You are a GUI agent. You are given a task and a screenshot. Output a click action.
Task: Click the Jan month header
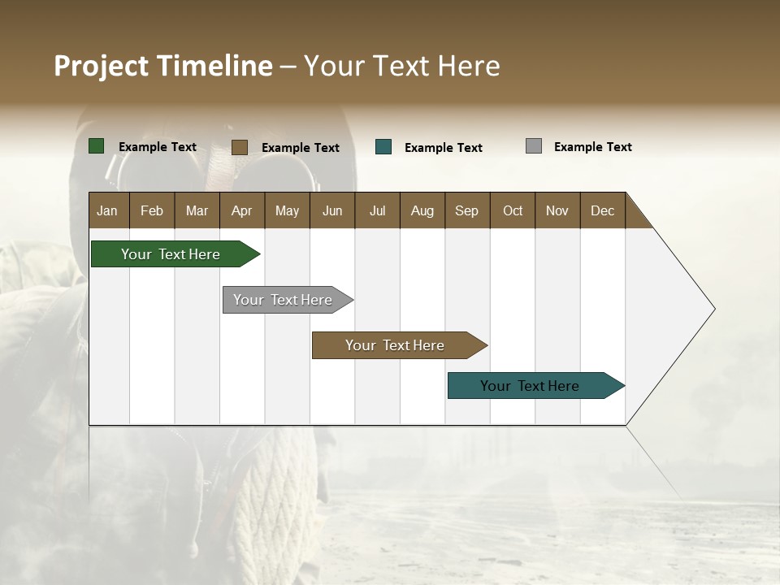[x=107, y=210]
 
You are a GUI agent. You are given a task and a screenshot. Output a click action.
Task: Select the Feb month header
[x=152, y=210]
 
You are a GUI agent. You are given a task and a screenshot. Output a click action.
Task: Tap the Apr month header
[x=241, y=210]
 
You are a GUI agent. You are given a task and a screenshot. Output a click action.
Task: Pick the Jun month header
[x=332, y=210]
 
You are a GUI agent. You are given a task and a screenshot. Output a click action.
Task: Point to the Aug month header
[x=422, y=210]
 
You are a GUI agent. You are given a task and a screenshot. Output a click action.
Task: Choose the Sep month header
[x=466, y=210]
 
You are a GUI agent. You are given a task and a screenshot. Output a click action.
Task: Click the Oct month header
[x=513, y=210]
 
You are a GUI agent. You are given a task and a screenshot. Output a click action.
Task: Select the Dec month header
[x=602, y=210]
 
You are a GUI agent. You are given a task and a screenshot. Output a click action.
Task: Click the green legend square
[x=97, y=146]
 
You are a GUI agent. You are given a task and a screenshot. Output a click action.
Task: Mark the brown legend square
[x=240, y=147]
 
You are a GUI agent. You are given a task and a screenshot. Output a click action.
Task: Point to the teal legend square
[x=383, y=147]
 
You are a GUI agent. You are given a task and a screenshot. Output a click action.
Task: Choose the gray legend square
[x=534, y=146]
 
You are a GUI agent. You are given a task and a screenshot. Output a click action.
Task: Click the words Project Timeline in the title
[x=163, y=66]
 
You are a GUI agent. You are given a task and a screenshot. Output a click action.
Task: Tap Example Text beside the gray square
[x=592, y=147]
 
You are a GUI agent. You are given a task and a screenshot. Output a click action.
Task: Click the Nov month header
[x=557, y=210]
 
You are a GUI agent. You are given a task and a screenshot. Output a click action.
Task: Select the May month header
[x=287, y=210]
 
